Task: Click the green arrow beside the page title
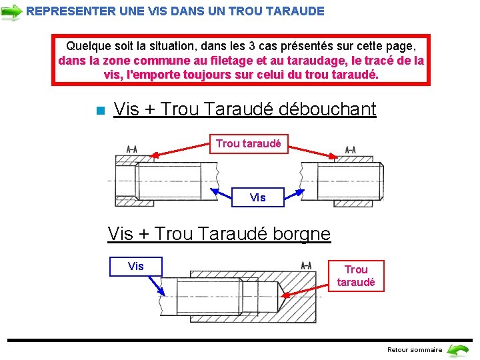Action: (11, 11)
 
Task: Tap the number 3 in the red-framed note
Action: (251, 46)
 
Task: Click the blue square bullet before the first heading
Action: (101, 110)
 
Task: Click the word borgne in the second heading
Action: (301, 234)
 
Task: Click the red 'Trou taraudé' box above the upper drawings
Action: (249, 144)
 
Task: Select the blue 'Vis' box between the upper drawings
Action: (258, 197)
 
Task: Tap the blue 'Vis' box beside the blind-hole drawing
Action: (136, 266)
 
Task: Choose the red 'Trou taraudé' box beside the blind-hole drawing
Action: (356, 276)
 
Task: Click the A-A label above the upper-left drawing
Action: (132, 149)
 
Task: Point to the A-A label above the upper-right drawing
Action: (351, 150)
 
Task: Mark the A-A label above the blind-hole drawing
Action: (307, 265)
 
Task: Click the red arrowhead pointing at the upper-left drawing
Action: (155, 155)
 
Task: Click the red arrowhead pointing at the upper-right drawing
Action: (333, 156)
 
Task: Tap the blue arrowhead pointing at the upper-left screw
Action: (215, 191)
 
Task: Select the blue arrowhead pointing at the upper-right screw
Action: (300, 193)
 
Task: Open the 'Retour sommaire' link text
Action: (415, 350)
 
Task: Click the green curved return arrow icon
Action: (457, 350)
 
